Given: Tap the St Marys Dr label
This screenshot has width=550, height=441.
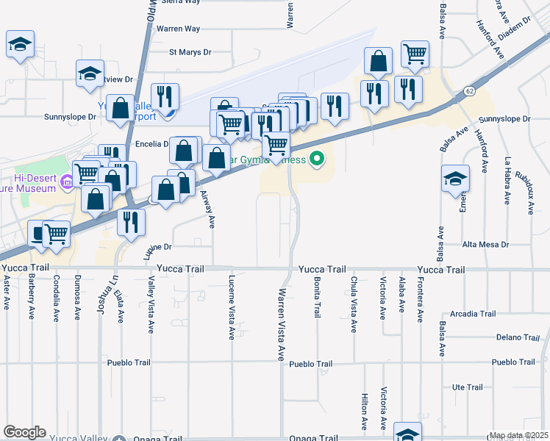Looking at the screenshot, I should click(x=190, y=52).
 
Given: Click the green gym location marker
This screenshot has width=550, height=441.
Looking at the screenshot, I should click(x=317, y=158).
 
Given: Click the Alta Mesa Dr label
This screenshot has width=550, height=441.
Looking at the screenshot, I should click(x=485, y=244).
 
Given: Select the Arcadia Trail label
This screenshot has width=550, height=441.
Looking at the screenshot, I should click(x=474, y=313).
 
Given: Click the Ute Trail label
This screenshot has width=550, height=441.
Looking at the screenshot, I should click(x=467, y=387).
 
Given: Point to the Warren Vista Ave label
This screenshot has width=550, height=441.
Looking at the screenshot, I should click(x=281, y=324).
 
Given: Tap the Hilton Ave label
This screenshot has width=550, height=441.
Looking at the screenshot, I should click(x=364, y=410).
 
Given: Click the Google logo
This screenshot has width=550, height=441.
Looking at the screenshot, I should click(x=24, y=432).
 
